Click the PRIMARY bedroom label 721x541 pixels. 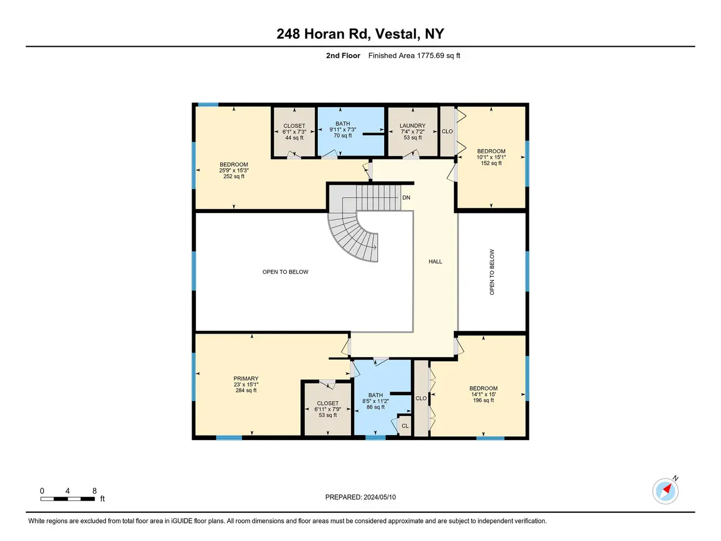pos(246,378)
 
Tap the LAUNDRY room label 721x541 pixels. pos(412,126)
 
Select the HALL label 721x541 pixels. pos(435,261)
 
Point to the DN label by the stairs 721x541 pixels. pos(406,197)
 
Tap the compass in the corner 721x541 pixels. pos(665,491)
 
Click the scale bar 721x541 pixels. pos(68,499)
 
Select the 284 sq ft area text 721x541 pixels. pos(246,390)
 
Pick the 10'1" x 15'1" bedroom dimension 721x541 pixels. pos(491,157)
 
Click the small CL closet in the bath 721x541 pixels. pos(404,425)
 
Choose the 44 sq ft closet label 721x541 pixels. pos(294,138)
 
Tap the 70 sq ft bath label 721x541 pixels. pos(342,135)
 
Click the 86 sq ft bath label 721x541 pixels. pos(376,407)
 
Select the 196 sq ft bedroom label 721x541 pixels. pos(483,400)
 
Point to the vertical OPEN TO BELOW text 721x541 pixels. pos(492,272)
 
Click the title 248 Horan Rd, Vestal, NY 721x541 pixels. pos(360,33)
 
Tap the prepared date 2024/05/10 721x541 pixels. pos(379,497)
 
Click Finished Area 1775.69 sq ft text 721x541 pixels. pos(414,56)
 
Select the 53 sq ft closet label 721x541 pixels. pos(327,415)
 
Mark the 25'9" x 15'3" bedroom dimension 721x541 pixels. pos(234,170)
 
